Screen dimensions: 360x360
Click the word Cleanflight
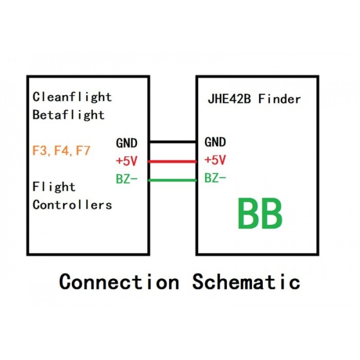72,97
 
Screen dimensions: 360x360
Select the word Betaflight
68,115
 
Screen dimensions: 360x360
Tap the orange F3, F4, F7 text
61,151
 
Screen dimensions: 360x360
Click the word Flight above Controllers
54,187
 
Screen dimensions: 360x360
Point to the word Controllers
72,205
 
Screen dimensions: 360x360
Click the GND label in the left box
127,142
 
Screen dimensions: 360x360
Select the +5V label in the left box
127,161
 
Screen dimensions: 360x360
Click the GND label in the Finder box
215,142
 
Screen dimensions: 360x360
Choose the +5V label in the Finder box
215,160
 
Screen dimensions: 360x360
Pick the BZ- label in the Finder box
215,179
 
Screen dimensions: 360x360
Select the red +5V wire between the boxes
172,161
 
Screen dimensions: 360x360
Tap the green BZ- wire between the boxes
172,180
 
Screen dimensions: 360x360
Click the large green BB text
260,215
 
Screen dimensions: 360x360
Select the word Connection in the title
119,282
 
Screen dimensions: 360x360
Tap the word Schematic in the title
246,282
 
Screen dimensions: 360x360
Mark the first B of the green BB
247,215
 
